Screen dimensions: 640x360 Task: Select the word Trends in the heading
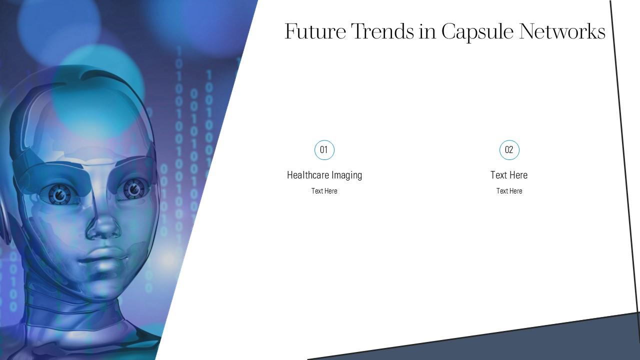tap(382, 31)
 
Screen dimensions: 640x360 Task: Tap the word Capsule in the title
tap(477, 32)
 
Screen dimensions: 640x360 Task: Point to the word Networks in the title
tap(562, 31)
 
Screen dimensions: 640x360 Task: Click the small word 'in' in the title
tap(427, 31)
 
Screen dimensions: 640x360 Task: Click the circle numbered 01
tap(324, 150)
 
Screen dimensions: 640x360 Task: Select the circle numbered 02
tap(509, 150)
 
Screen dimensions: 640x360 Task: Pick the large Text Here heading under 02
tap(509, 175)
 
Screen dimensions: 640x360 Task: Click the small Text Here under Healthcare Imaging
tap(324, 191)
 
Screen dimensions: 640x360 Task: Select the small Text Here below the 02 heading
tap(509, 191)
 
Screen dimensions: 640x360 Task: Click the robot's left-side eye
tap(60, 195)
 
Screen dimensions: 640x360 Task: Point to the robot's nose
tap(103, 225)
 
